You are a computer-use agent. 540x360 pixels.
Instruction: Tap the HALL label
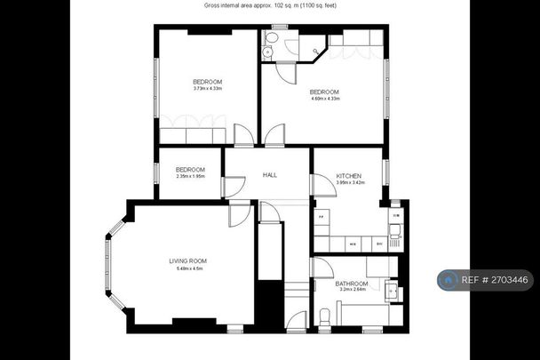click(269, 175)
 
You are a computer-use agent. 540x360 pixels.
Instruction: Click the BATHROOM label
click(353, 283)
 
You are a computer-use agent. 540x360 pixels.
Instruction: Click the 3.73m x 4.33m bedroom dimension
click(207, 88)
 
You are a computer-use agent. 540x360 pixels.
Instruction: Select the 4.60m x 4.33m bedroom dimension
click(324, 100)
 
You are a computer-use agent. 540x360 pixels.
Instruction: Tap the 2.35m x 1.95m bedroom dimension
click(190, 176)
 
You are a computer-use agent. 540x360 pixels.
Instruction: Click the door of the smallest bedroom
click(234, 188)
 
